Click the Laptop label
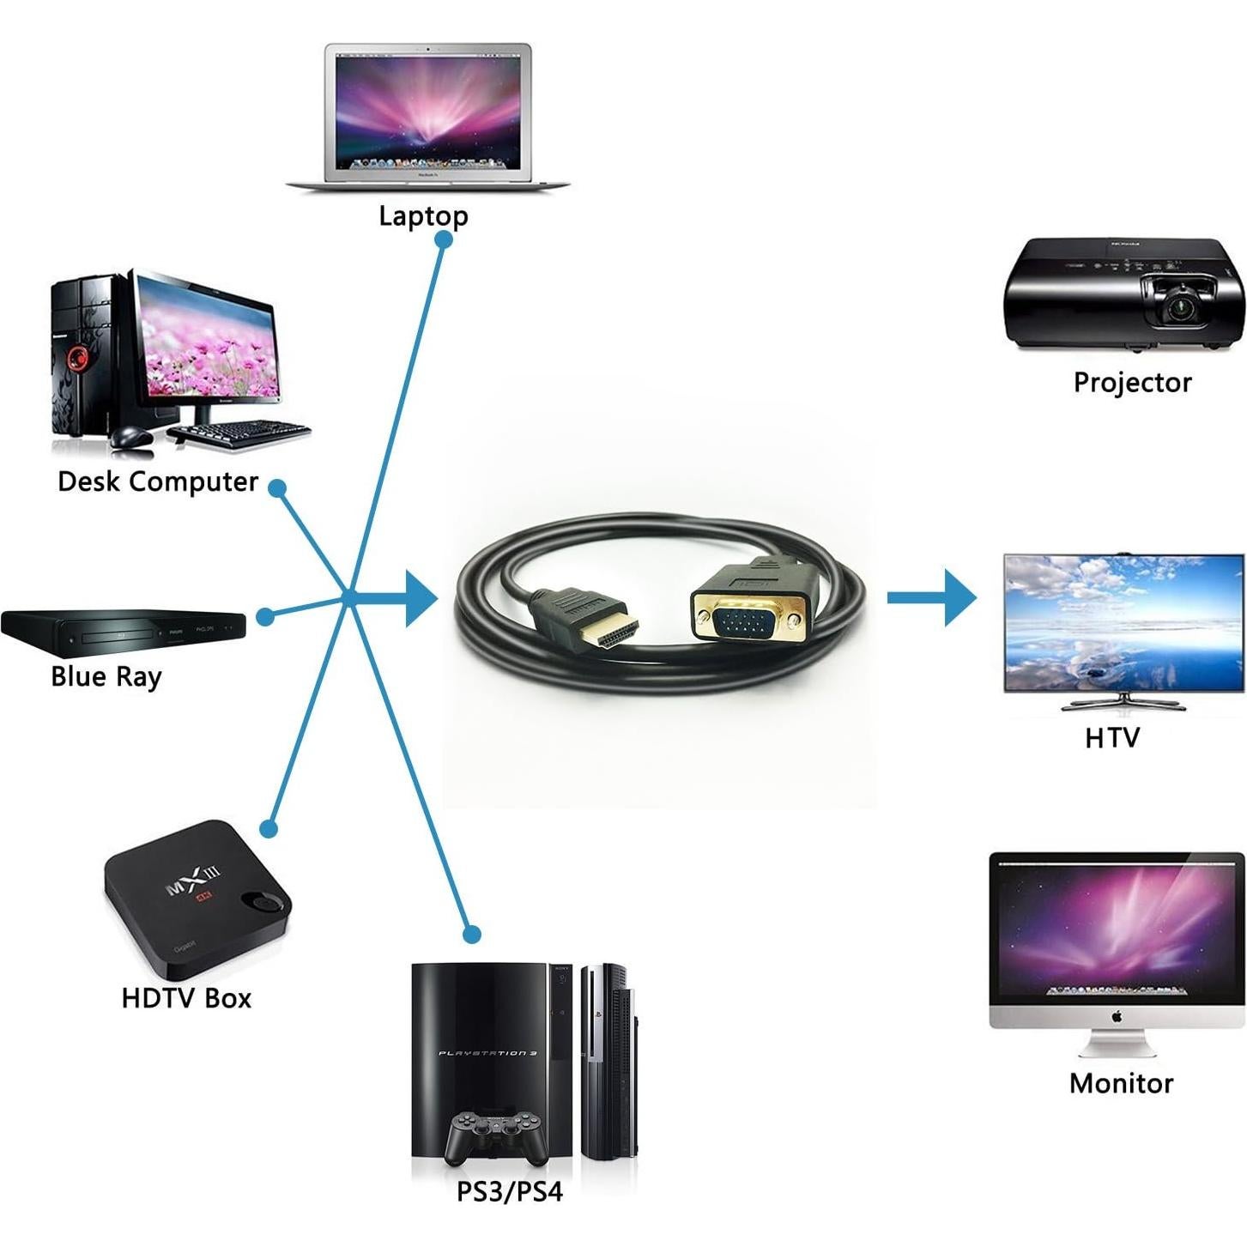click(423, 215)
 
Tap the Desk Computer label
click(158, 481)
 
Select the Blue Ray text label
click(106, 677)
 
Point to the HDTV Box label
click(186, 998)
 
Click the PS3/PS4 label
click(509, 1192)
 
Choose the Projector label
click(1132, 383)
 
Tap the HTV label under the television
click(1111, 738)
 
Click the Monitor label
click(1121, 1083)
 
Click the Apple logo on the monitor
click(1117, 1017)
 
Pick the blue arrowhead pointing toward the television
click(959, 597)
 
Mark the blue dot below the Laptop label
click(444, 240)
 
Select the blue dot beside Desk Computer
click(277, 488)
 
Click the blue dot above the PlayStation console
click(471, 934)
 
